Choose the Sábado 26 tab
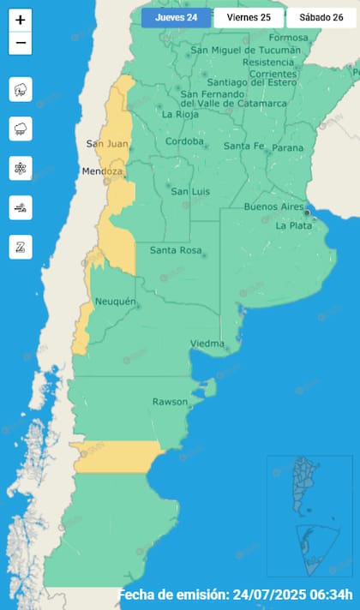pos(321,17)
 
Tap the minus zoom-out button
pos(21,43)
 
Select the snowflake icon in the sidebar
pos(21,168)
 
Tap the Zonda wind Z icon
pos(21,247)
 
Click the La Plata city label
pos(293,226)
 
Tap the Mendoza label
pos(102,172)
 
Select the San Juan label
pos(107,144)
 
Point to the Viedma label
pos(207,344)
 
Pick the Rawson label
pos(170,401)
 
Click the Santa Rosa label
pos(175,250)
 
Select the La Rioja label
pos(180,114)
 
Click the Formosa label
pos(288,38)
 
